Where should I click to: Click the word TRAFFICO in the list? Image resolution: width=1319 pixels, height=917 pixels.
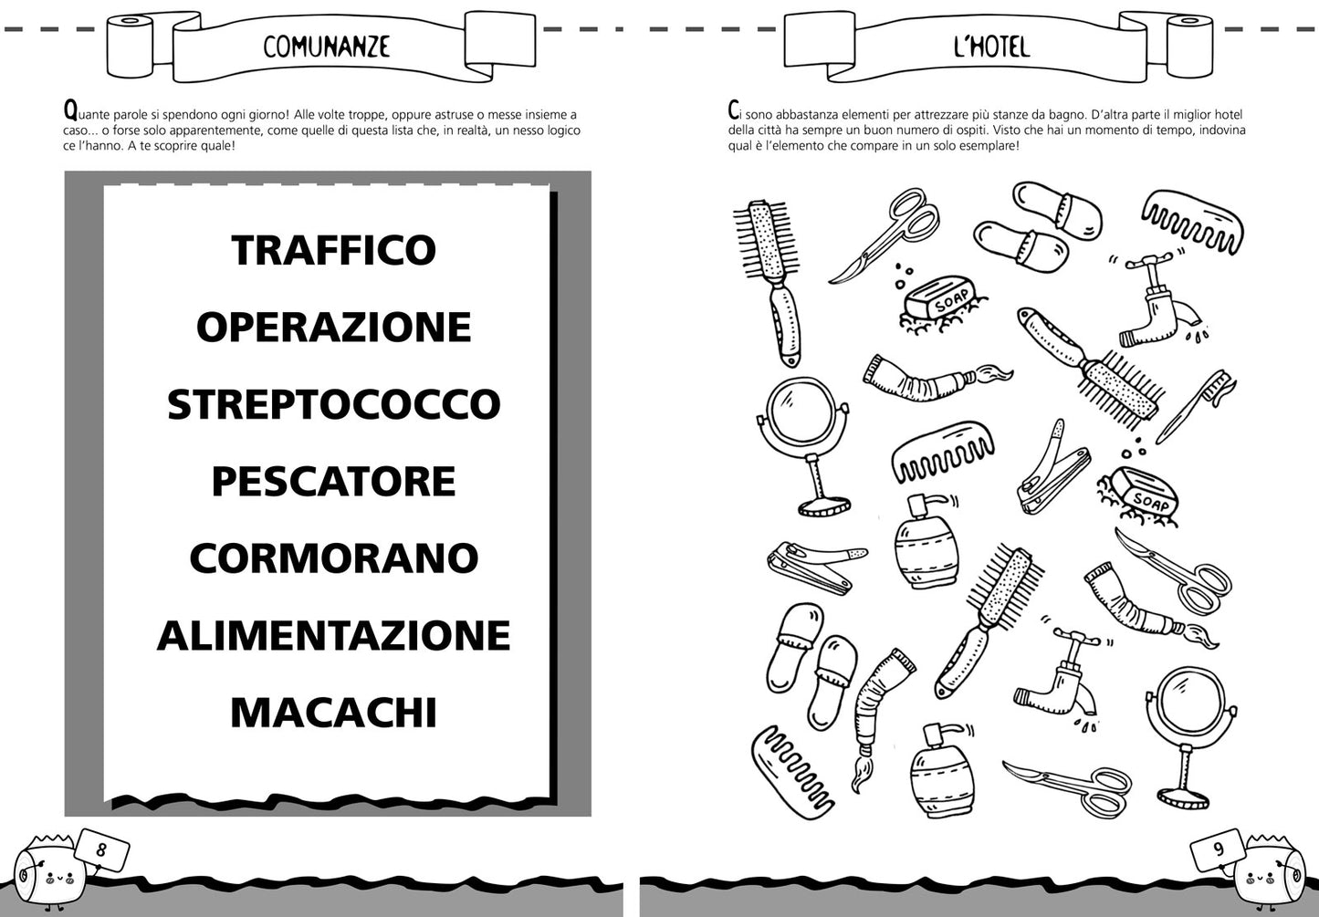tap(333, 250)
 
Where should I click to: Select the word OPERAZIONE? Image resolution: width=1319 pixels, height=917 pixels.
tap(333, 327)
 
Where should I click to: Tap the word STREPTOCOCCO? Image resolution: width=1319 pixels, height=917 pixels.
tap(333, 404)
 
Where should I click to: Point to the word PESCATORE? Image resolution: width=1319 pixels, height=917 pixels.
tap(333, 482)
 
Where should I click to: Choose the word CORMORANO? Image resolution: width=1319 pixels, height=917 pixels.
tap(333, 558)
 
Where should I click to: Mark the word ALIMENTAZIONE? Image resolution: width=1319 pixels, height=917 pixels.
tap(333, 636)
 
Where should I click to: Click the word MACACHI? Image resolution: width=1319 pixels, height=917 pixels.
tap(333, 713)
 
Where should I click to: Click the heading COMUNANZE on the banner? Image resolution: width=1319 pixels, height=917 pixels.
tap(326, 46)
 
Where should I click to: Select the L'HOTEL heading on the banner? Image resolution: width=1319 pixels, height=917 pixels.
tap(991, 46)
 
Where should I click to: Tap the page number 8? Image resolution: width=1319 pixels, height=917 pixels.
tap(101, 849)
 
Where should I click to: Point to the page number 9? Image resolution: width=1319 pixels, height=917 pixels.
tap(1218, 849)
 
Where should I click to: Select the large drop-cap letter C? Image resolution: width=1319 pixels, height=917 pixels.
tap(734, 111)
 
